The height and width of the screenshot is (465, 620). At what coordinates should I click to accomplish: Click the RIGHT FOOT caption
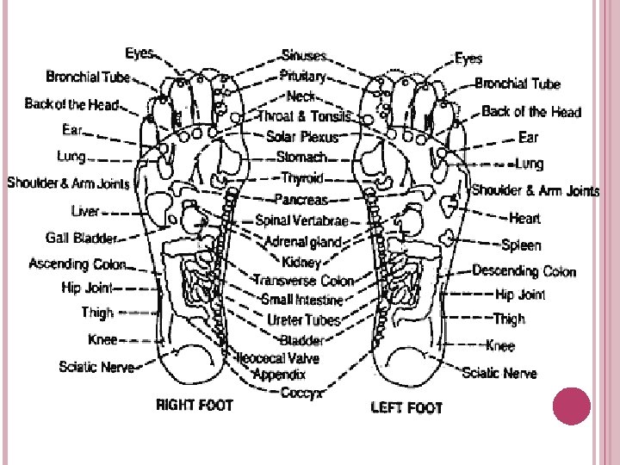[194, 406]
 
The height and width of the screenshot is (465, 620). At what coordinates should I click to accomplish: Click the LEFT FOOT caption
[406, 406]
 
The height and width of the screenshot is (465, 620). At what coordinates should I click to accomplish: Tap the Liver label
[85, 210]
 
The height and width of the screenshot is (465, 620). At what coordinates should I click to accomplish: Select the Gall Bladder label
[81, 237]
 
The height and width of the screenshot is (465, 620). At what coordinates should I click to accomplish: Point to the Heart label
[524, 219]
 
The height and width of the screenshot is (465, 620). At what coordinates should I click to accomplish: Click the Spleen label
[521, 245]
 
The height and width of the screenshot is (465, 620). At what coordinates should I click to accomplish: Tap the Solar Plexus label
[303, 137]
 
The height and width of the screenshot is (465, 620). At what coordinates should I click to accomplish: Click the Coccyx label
[301, 393]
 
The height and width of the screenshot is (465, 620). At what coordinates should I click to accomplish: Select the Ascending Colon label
[77, 263]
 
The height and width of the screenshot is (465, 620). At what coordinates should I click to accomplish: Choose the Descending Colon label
[524, 271]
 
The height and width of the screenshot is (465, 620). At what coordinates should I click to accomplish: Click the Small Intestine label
[302, 300]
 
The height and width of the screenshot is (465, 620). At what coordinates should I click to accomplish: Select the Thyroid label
[302, 179]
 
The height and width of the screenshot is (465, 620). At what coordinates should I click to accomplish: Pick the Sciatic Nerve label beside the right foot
[96, 367]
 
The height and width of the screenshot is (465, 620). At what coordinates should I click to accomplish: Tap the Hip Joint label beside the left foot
[520, 294]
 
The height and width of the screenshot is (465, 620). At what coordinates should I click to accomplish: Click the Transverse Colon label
[303, 281]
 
